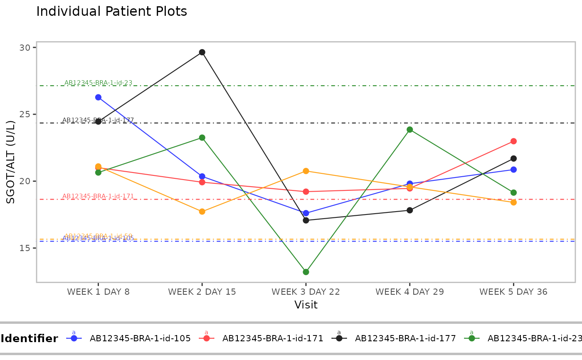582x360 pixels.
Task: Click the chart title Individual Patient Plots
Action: pos(111,12)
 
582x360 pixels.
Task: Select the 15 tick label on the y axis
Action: pos(25,248)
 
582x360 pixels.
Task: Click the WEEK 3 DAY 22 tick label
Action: pos(306,292)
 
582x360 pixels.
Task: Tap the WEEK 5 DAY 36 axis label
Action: pos(513,292)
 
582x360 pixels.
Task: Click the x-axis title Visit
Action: pos(306,305)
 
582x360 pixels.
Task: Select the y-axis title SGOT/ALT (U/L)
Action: pos(11,162)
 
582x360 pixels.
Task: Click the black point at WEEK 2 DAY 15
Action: pos(202,52)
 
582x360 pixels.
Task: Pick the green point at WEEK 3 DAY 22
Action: pos(306,272)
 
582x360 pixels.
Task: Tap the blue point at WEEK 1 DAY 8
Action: pos(98,97)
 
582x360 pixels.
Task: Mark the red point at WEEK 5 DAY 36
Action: pos(513,141)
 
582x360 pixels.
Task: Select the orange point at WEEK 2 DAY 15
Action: pos(202,212)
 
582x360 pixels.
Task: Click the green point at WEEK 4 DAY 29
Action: pos(410,130)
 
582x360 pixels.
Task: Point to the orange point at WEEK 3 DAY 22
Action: pos(306,171)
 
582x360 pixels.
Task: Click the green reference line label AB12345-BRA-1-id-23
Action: pos(98,83)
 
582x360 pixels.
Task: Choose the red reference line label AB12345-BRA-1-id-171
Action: pos(98,196)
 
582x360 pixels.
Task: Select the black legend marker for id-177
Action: pos(339,338)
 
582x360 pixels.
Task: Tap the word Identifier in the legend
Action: pos(29,339)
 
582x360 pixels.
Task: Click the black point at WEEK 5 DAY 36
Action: pos(513,158)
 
